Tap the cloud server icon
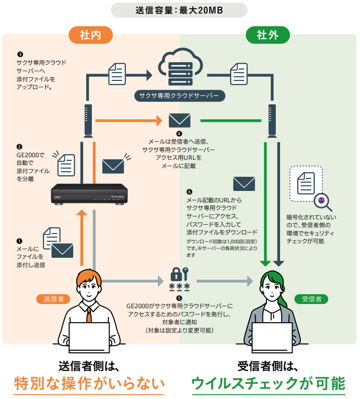(179, 67)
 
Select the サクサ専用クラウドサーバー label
(180, 95)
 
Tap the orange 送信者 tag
(54, 299)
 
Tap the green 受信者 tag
(311, 299)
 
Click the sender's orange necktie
(89, 313)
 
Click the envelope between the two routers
(180, 120)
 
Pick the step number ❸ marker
(20, 53)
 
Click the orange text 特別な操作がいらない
(89, 384)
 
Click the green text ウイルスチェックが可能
(268, 384)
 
